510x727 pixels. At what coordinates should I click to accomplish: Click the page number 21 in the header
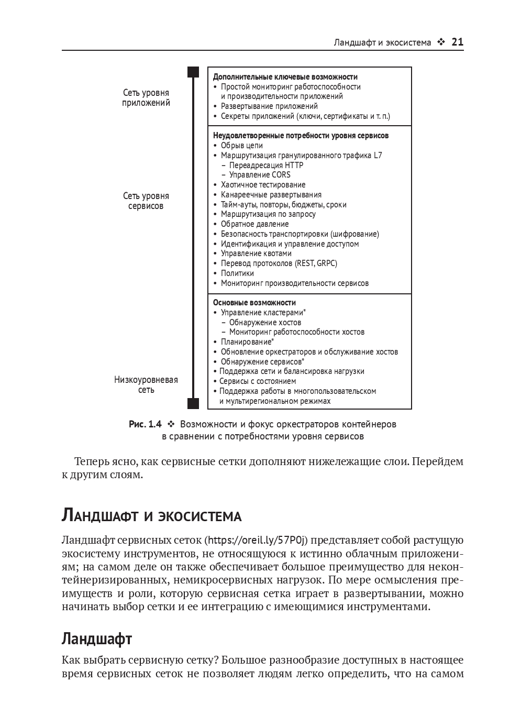(x=457, y=42)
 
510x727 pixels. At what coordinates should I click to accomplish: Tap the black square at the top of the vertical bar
(x=194, y=72)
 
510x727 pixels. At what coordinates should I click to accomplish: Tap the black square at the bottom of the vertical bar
(x=194, y=403)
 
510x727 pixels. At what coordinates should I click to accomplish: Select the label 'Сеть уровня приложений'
(x=146, y=98)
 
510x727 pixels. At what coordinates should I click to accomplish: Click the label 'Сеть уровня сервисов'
(x=146, y=201)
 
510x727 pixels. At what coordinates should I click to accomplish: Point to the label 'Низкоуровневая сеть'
(x=146, y=385)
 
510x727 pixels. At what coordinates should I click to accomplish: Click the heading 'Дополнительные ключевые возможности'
(x=285, y=76)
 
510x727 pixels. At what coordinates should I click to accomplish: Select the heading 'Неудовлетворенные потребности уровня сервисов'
(x=301, y=136)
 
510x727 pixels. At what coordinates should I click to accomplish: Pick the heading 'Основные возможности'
(x=254, y=303)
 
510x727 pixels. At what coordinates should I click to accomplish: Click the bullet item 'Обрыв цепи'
(x=241, y=146)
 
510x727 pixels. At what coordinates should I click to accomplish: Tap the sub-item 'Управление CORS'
(x=259, y=175)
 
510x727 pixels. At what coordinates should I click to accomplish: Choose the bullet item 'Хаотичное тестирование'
(x=263, y=185)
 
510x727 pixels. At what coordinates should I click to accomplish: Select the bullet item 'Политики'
(x=237, y=273)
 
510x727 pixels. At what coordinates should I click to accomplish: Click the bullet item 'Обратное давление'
(x=254, y=224)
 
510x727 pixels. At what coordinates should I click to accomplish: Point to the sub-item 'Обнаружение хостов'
(x=265, y=323)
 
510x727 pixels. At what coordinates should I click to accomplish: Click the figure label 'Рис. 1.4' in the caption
(x=145, y=424)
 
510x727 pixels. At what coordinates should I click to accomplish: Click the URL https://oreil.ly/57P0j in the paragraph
(x=256, y=540)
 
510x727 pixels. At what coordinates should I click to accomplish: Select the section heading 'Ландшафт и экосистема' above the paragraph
(x=151, y=516)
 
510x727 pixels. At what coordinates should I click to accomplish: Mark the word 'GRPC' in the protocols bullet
(x=327, y=263)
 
